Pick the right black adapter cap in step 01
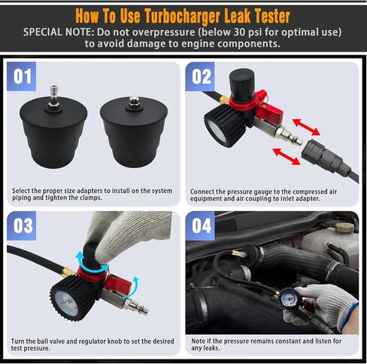coord(131,139)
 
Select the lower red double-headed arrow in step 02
coord(287,155)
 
